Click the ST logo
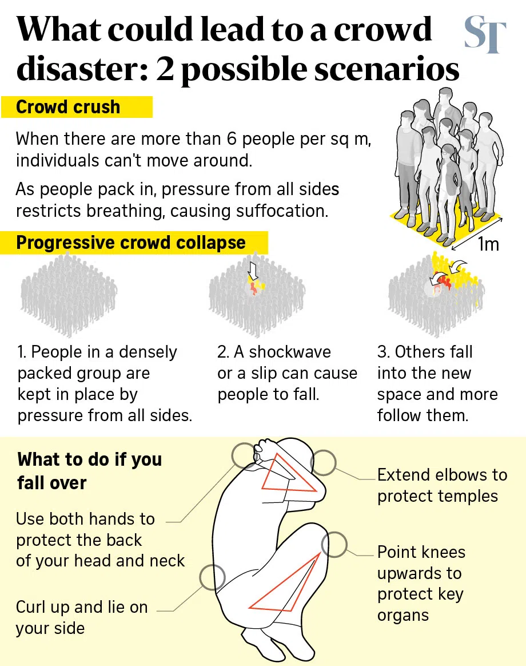[x=485, y=34]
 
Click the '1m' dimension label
[x=488, y=244]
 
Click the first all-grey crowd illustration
[x=69, y=295]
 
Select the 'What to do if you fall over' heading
[x=90, y=470]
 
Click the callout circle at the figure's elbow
[x=323, y=462]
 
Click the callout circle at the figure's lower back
[x=212, y=577]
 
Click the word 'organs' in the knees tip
[x=403, y=615]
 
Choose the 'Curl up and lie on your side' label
[x=82, y=617]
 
